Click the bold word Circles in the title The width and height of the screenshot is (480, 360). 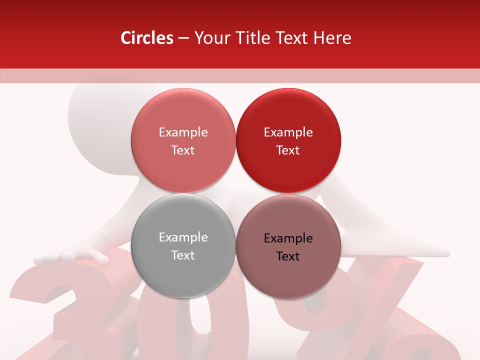tap(147, 38)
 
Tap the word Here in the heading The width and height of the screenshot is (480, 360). tap(332, 38)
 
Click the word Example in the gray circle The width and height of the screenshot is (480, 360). tap(183, 237)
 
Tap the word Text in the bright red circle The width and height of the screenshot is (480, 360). tap(288, 150)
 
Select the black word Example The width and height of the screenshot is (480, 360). tap(288, 238)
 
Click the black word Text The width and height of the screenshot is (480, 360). tap(288, 256)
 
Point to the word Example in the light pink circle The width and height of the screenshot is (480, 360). tap(183, 132)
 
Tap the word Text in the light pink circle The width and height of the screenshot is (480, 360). tap(183, 150)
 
